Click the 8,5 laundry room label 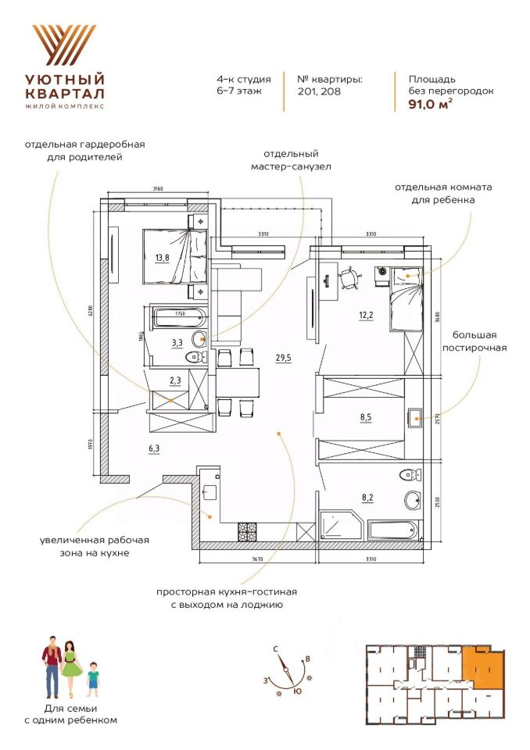tap(366, 417)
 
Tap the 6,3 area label tap(154, 448)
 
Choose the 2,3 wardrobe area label tap(176, 380)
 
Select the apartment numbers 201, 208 tap(319, 91)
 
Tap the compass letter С tap(276, 649)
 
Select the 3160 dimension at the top tap(157, 188)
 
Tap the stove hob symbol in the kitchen tap(248, 530)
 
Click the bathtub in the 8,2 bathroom tap(395, 530)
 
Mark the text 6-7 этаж tap(238, 91)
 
